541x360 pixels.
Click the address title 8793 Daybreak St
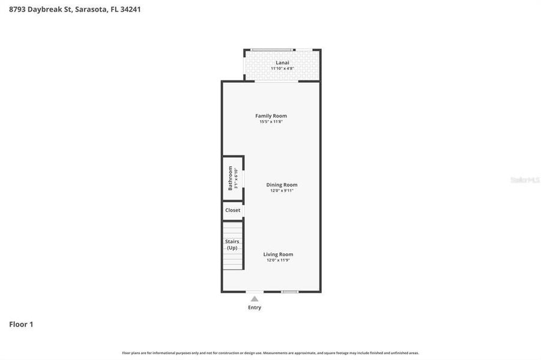[x=75, y=9]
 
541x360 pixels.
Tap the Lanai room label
[x=282, y=62]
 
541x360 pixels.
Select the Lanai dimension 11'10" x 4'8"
[x=282, y=68]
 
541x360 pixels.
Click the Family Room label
[x=271, y=116]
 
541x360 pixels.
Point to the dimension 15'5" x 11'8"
[x=271, y=122]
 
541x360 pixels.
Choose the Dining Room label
[x=282, y=185]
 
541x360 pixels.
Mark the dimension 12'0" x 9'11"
[x=282, y=191]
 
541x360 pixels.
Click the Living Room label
[x=278, y=254]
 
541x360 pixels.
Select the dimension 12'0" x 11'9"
[x=278, y=260]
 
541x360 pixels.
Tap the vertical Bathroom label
[x=230, y=178]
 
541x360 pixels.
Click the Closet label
[x=232, y=210]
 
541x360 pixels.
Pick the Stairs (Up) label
[x=232, y=244]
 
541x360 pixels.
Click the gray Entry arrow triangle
[x=255, y=298]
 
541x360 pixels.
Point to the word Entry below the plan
[x=255, y=307]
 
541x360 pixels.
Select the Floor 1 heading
[x=21, y=324]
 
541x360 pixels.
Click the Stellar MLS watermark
[x=524, y=180]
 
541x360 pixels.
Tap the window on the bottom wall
[x=290, y=292]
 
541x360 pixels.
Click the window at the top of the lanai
[x=272, y=50]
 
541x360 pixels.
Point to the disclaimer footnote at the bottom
[x=270, y=353]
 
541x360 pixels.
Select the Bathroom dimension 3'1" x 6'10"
[x=237, y=179]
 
